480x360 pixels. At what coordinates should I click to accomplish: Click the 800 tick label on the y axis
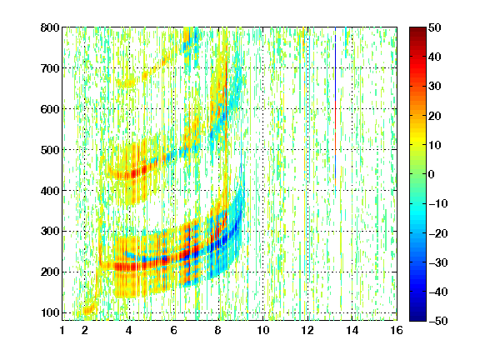[50, 27]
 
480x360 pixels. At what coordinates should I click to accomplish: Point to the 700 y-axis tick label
[50, 68]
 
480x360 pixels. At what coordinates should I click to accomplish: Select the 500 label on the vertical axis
[50, 150]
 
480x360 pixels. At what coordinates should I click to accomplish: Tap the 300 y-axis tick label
[50, 231]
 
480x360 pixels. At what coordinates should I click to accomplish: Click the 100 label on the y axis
[50, 312]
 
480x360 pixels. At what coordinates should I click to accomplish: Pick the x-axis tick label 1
[62, 330]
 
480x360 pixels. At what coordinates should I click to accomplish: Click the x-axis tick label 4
[129, 330]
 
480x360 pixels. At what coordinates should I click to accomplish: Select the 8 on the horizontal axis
[218, 330]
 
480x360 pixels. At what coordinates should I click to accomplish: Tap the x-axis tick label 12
[307, 330]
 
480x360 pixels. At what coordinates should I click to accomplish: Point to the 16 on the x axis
[397, 330]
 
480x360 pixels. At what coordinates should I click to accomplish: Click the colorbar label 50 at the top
[435, 27]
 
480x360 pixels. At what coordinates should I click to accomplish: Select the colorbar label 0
[432, 174]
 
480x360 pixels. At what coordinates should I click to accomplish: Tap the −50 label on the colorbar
[438, 321]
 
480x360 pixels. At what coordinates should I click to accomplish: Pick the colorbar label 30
[435, 87]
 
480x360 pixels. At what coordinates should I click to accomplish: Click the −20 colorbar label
[438, 233]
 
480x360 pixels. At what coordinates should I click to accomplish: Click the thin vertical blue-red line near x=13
[336, 107]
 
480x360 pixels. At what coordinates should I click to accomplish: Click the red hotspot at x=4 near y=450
[134, 173]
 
